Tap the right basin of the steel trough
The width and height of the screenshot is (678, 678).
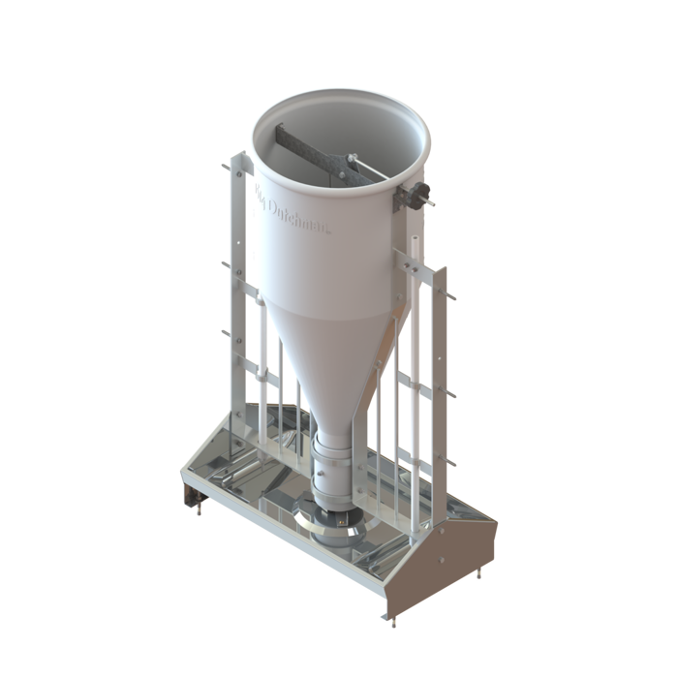(407, 542)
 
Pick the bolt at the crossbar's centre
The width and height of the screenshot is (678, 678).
(346, 159)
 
